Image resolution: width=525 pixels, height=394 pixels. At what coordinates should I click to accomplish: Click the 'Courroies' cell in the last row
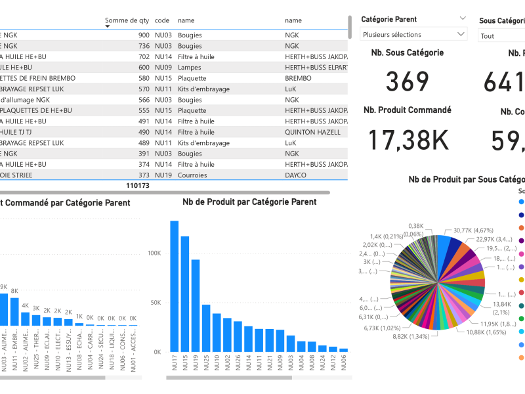tap(192, 175)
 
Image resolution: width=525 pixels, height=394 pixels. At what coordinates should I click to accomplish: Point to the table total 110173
tap(137, 186)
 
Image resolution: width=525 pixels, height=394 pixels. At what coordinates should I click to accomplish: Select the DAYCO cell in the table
tap(295, 175)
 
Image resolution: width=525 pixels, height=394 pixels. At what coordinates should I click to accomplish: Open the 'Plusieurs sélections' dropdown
tap(414, 35)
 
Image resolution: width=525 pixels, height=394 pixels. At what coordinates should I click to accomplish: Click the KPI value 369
tap(408, 81)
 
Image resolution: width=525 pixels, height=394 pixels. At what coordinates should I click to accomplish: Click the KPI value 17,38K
tap(408, 141)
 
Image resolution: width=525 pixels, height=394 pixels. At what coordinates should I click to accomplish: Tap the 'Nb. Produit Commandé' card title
tap(408, 110)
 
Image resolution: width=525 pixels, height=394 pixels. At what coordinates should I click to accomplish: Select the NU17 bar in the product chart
tap(175, 286)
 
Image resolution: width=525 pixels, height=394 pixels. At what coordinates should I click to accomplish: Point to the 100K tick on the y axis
tap(154, 253)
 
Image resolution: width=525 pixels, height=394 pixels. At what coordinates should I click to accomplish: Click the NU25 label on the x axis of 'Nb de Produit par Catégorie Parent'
tap(206, 363)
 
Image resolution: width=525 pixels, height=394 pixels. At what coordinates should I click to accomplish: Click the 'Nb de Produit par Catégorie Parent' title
tap(249, 202)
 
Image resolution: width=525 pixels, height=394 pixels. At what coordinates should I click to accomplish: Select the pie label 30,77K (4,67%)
tap(472, 230)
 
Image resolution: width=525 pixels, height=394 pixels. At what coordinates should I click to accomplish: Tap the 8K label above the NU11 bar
tap(14, 291)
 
